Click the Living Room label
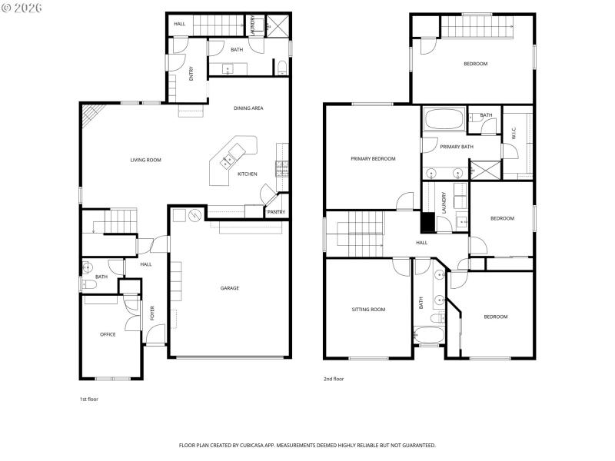[x=145, y=160]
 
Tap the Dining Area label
[x=248, y=108]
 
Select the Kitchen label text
[x=247, y=174]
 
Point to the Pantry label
[x=275, y=212]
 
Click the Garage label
[x=230, y=288]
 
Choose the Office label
[x=108, y=334]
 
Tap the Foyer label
[x=152, y=313]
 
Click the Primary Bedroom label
[x=373, y=159]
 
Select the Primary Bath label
[x=457, y=147]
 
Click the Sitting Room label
[x=368, y=310]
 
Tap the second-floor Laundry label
[x=444, y=201]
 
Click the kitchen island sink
[x=228, y=161]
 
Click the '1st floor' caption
[x=88, y=400]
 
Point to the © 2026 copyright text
[x=22, y=7]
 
